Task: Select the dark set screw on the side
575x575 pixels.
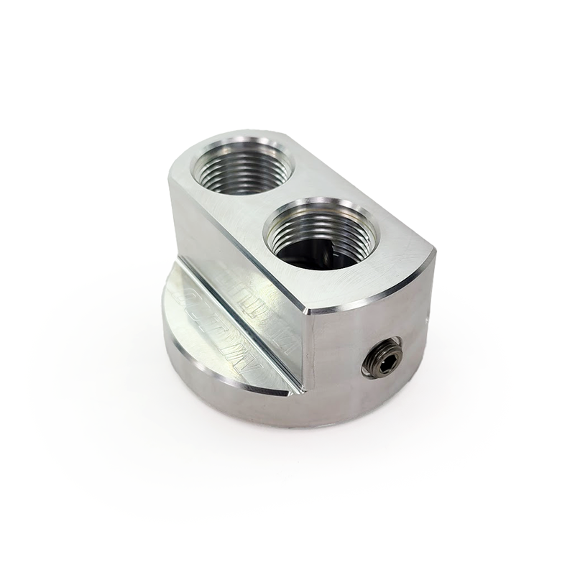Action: (x=382, y=356)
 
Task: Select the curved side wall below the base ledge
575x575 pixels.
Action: (x=237, y=402)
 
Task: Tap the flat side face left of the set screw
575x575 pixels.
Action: (x=338, y=352)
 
